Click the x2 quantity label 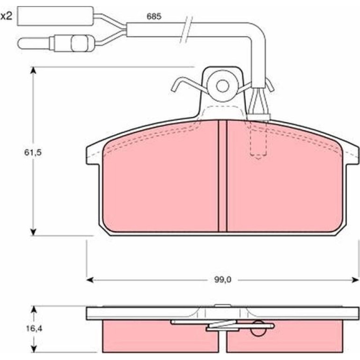6,16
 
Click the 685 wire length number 154,16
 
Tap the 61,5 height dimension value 33,152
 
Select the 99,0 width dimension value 223,280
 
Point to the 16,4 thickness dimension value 34,329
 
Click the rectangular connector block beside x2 56,16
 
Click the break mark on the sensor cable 186,29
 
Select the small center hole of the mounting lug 223,86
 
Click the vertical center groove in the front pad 222,176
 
